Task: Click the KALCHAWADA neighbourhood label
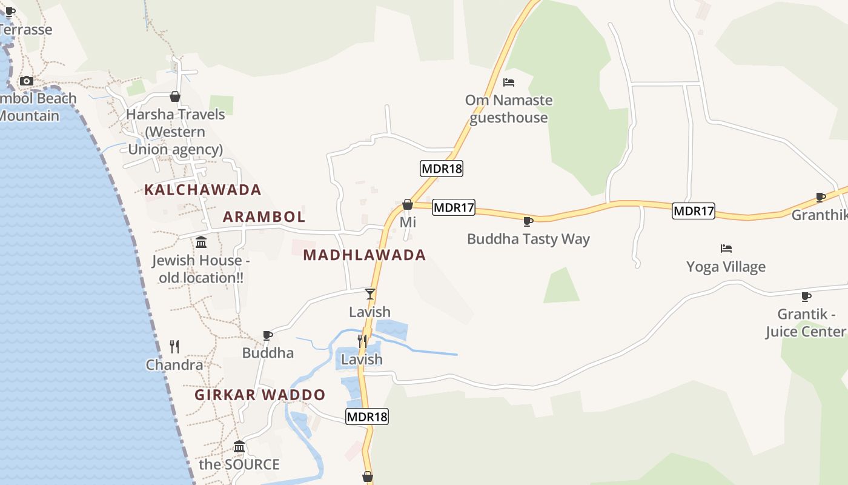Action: click(202, 190)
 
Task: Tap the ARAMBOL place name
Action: click(264, 216)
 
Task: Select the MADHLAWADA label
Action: click(365, 255)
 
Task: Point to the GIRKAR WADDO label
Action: click(260, 395)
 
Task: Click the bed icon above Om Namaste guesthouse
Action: click(509, 82)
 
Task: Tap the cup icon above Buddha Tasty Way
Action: click(528, 221)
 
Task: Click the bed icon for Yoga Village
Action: click(726, 249)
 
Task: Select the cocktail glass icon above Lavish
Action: click(369, 294)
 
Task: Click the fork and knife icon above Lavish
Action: click(362, 341)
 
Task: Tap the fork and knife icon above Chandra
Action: click(174, 347)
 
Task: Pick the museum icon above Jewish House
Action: click(201, 242)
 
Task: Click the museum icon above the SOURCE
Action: click(239, 447)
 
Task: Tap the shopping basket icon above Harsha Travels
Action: click(175, 96)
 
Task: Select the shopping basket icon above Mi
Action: click(408, 204)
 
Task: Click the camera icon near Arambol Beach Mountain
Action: click(26, 81)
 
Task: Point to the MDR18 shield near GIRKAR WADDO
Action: click(367, 416)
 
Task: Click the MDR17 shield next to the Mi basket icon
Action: click(454, 207)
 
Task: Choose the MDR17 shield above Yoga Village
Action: click(694, 211)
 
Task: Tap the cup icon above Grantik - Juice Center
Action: click(806, 296)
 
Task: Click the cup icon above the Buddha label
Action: click(268, 335)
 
